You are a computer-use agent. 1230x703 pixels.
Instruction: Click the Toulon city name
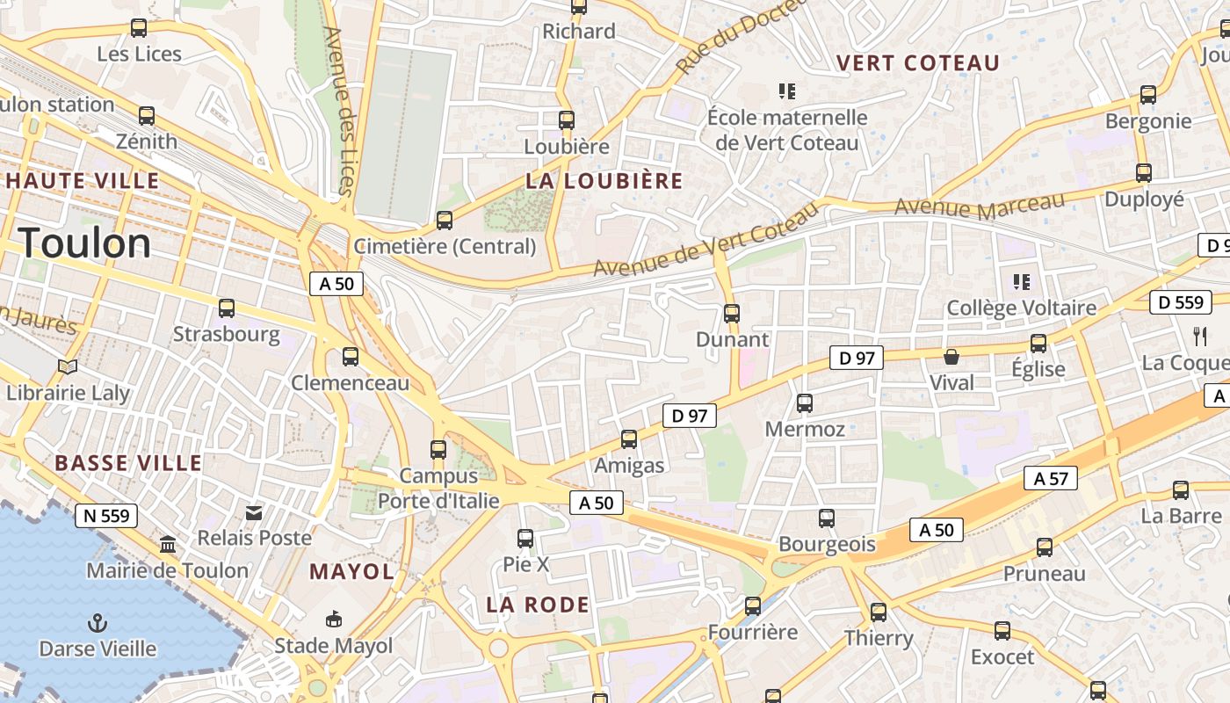(85, 243)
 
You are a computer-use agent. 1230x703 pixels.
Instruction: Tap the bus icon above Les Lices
(139, 27)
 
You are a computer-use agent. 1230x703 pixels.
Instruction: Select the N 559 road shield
(106, 516)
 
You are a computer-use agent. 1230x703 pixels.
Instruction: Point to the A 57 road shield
(1051, 479)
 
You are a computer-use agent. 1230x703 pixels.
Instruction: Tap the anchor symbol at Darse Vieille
(98, 624)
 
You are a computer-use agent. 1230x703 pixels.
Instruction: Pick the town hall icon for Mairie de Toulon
(168, 546)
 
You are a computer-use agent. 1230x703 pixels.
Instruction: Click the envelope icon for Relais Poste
(254, 512)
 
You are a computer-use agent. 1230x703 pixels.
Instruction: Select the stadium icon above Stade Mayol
(334, 620)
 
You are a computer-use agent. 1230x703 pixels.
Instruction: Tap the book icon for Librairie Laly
(68, 366)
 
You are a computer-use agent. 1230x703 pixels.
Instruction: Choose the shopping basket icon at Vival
(951, 357)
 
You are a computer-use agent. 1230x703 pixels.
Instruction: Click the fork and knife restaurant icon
(1200, 336)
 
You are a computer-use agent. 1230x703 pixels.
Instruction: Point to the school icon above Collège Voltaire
(1021, 282)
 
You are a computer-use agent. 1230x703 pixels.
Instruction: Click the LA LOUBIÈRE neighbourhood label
(604, 181)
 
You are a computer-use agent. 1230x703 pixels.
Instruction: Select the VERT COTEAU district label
(918, 63)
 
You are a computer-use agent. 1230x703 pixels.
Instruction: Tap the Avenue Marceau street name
(980, 207)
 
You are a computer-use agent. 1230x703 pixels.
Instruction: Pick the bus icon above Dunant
(731, 313)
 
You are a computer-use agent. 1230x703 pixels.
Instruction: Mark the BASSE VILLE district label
(128, 463)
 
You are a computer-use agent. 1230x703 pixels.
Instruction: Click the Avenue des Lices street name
(338, 110)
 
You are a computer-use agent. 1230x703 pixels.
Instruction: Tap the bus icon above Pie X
(525, 538)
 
